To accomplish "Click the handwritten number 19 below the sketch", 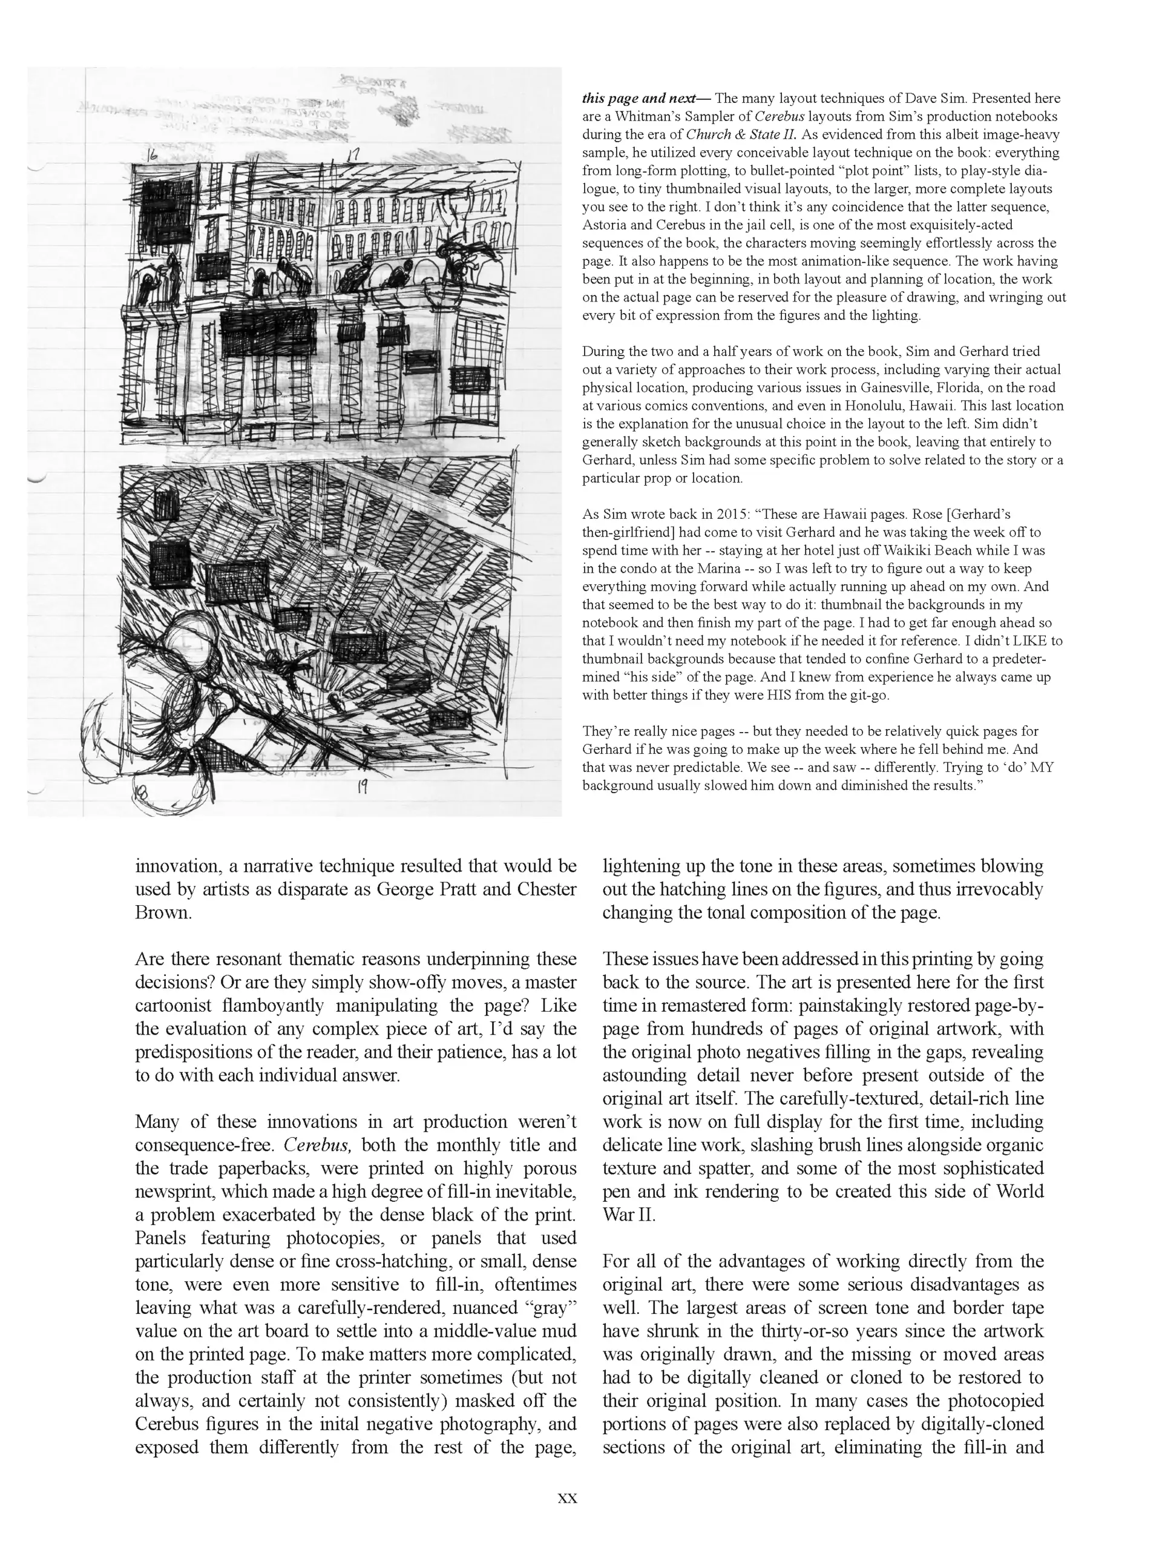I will click(x=362, y=787).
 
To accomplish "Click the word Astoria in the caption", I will click(x=604, y=225).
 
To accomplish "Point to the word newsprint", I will click(x=174, y=1192).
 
